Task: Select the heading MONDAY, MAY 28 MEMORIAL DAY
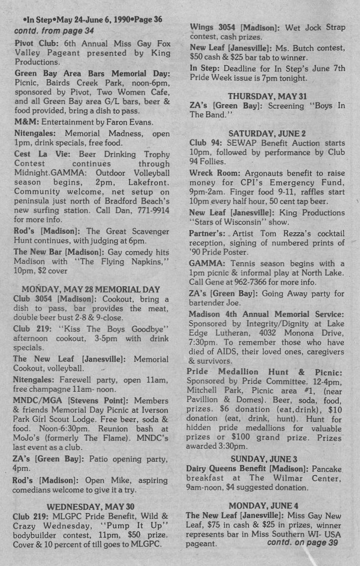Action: pos(90,289)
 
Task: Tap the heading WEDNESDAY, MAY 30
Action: pos(90,506)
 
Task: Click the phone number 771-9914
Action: pos(152,211)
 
